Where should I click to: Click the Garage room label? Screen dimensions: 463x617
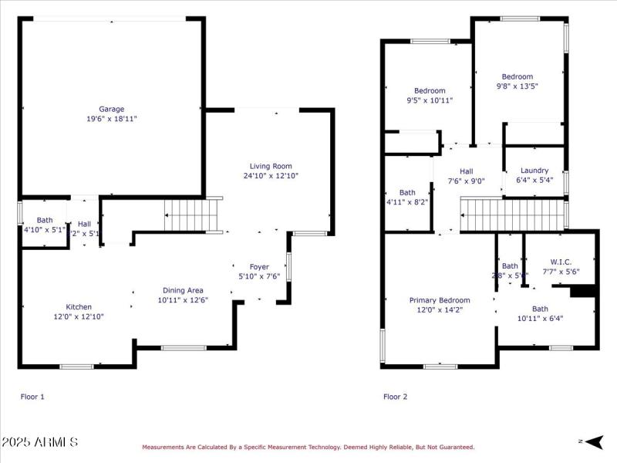pos(111,109)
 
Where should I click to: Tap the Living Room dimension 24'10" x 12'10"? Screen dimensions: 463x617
pos(271,176)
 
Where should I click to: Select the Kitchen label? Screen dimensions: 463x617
pos(79,306)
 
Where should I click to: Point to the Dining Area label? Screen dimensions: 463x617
pos(183,290)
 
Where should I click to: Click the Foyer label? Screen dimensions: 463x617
pos(259,267)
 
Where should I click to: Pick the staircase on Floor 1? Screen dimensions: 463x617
pos(193,214)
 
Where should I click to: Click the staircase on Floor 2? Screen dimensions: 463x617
pos(512,214)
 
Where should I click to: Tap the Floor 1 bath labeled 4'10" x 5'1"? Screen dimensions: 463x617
pos(39,225)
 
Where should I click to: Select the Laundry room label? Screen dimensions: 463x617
pos(534,171)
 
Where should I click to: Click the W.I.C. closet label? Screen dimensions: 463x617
pos(560,262)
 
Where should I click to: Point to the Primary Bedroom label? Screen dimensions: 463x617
pos(439,300)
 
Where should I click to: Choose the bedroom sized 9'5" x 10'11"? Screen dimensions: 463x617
pos(430,95)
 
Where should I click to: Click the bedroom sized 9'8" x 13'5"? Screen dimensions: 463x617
pos(517,81)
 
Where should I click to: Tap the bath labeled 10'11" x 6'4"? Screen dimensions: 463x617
pos(540,313)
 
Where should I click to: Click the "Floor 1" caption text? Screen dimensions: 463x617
pos(32,397)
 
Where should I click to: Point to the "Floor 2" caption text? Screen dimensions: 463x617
pos(395,397)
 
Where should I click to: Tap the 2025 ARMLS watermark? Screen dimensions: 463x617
pos(39,442)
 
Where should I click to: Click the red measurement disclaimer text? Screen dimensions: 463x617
pos(308,447)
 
